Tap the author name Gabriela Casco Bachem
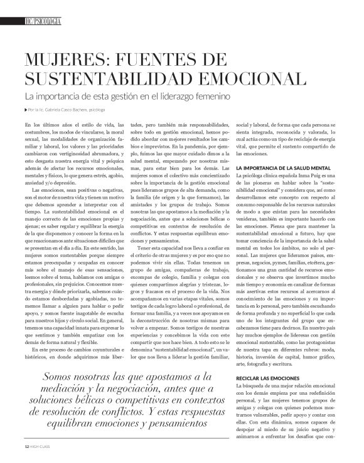tap(67, 110)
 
